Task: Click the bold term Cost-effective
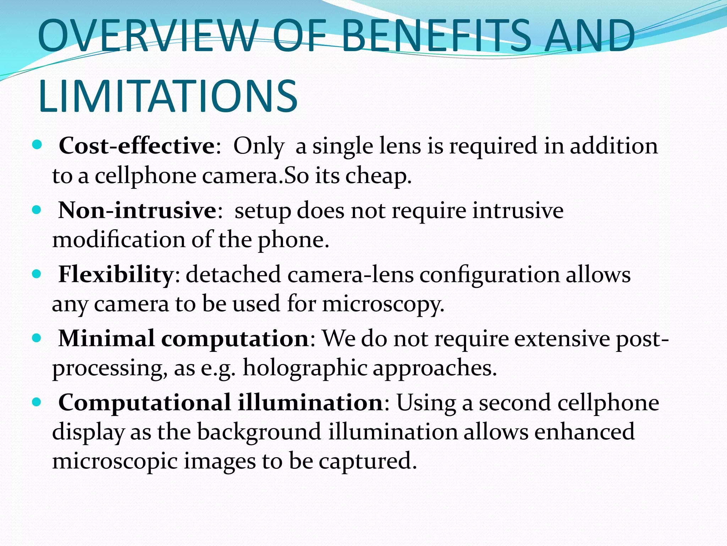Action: coord(137,146)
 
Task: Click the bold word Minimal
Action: coord(106,338)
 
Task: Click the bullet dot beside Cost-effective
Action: coord(37,145)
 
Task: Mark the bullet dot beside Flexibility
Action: coord(37,274)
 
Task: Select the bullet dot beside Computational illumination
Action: coord(37,402)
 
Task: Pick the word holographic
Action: coord(305,368)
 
